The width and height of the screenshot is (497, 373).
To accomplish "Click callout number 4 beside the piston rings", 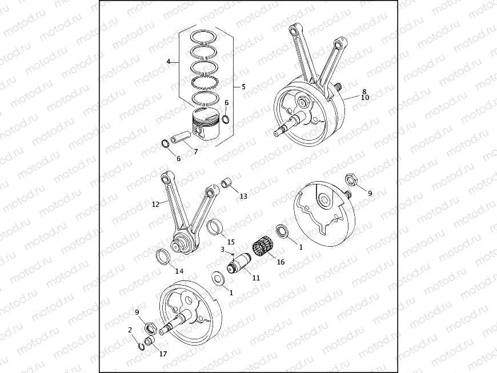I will tap(169, 61).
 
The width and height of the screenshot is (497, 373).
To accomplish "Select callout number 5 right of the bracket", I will tap(243, 87).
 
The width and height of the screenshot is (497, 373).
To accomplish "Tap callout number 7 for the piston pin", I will tap(195, 151).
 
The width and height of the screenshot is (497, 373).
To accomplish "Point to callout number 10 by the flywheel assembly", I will tap(365, 98).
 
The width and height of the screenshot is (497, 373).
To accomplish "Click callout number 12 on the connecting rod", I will tap(155, 203).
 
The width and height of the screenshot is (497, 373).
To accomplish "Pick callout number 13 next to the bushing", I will tap(243, 196).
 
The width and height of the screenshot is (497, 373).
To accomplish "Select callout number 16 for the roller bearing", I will tap(280, 262).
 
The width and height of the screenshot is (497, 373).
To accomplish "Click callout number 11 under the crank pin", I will tap(256, 278).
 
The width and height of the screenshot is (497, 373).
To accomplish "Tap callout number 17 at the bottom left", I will tap(163, 354).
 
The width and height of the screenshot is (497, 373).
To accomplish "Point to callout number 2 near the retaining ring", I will tap(130, 330).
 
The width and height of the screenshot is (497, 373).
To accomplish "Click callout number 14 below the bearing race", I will tap(179, 271).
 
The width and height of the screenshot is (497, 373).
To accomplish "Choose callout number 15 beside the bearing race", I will tap(231, 242).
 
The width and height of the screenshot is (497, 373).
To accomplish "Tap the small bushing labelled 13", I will tap(227, 183).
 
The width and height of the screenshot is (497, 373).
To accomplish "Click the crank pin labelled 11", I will tap(239, 265).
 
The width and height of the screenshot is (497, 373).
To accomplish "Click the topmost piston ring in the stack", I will tap(205, 35).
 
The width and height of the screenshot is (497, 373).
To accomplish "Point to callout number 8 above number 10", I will tap(364, 91).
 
